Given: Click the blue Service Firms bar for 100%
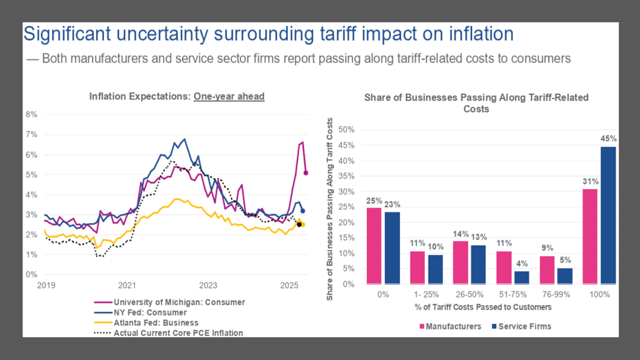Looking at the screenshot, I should [x=608, y=215].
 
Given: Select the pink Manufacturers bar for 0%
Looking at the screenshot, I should [x=374, y=246].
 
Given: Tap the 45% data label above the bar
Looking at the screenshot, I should [x=608, y=139].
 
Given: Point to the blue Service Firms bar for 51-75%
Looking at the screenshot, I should [x=522, y=277].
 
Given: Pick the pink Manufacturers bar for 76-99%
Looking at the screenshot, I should [x=547, y=270].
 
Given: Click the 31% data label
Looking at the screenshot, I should [x=590, y=182].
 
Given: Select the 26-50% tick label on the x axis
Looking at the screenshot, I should [x=470, y=294].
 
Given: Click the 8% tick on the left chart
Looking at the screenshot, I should [x=31, y=114].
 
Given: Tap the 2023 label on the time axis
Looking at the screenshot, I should [x=208, y=285].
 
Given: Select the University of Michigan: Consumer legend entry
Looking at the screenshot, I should [x=179, y=302].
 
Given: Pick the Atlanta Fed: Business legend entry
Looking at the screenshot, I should [x=156, y=323].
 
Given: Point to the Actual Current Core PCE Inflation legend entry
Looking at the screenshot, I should [x=178, y=333].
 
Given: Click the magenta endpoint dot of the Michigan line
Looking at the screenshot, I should [x=306, y=173].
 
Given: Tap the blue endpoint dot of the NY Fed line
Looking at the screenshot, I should [x=303, y=211].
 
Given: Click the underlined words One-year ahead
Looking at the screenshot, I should [x=229, y=96].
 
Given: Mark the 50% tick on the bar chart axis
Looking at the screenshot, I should [x=346, y=130].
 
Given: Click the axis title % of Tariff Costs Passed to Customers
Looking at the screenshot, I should [x=483, y=307].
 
